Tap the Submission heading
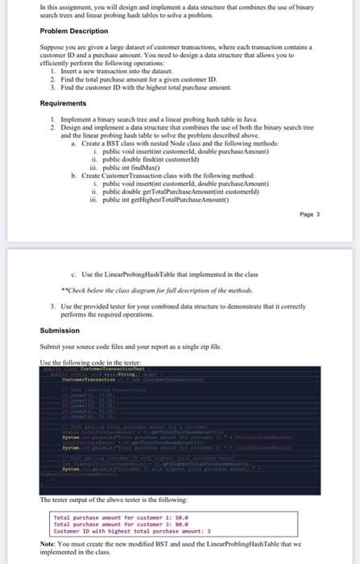tap(60, 330)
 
